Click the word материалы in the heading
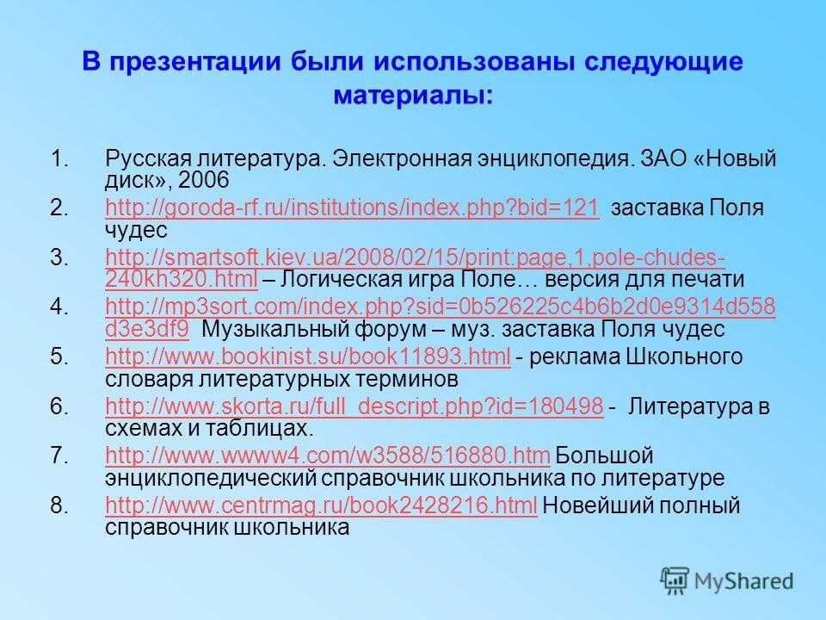coord(414,96)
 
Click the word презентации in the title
coord(195,62)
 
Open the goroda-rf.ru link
coord(352,208)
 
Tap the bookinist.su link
coord(308,356)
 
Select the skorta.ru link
coord(354,406)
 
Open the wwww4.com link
coord(328,455)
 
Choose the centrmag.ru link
coord(321,505)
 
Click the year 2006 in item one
coord(203,180)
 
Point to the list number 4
coord(59,307)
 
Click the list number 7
coord(59,456)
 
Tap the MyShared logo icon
coord(675,581)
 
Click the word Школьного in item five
coord(684,356)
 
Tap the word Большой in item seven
coord(604,455)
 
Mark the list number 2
coord(59,208)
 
